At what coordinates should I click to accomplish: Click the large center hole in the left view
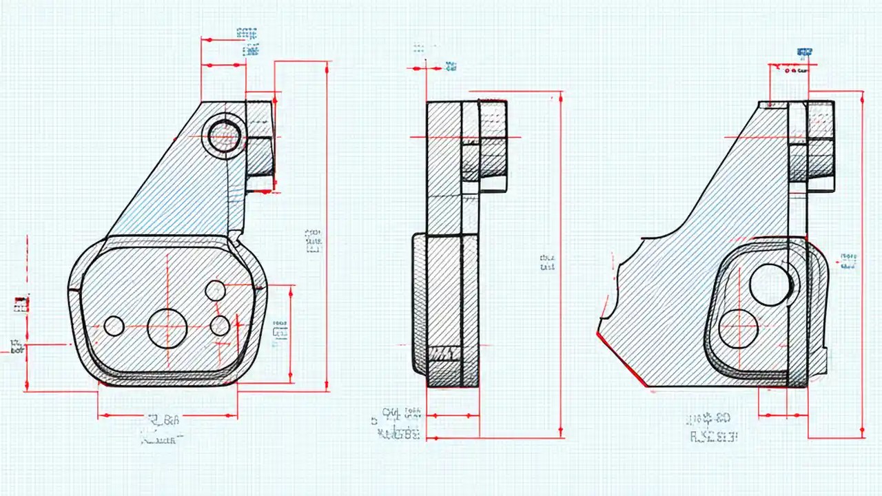point(167,328)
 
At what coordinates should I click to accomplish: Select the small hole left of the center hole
point(114,326)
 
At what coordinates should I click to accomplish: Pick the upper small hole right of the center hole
point(215,291)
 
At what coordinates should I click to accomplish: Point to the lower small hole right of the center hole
point(220,325)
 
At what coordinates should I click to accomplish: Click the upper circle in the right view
point(770,285)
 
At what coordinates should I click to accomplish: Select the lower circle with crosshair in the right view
point(738,329)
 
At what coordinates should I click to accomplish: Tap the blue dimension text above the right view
point(804,52)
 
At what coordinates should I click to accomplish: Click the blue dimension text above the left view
point(248,41)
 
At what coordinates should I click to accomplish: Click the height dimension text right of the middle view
point(547,262)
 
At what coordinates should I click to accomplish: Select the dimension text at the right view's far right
point(848,260)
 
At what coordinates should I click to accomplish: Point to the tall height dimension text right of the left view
point(314,240)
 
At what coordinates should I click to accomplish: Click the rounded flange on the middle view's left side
point(419,303)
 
